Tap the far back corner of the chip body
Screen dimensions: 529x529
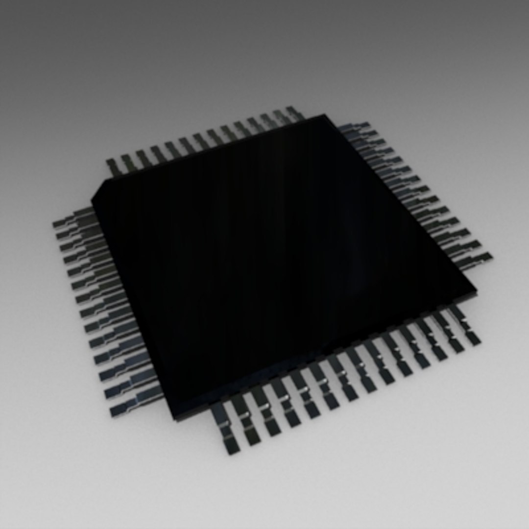pyautogui.click(x=324, y=116)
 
